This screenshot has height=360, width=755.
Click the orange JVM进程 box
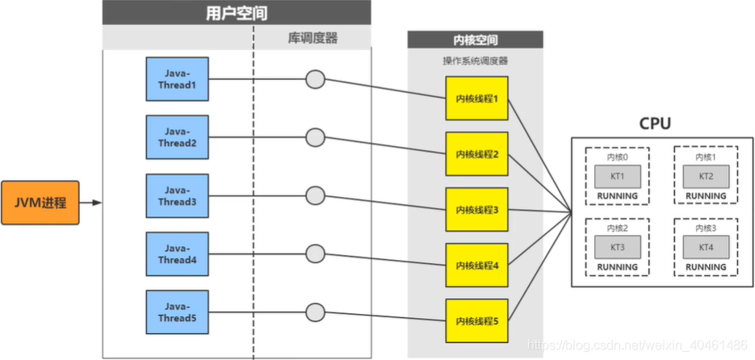click(x=41, y=202)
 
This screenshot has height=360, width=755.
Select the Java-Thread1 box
click(x=176, y=79)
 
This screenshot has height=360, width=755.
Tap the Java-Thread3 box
click(x=176, y=195)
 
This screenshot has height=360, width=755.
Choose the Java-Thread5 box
click(x=176, y=313)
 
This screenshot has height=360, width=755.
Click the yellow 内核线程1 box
click(x=477, y=98)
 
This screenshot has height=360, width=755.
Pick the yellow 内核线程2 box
click(x=477, y=154)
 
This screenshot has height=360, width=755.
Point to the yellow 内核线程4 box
click(x=477, y=266)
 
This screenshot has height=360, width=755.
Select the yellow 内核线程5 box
click(x=477, y=321)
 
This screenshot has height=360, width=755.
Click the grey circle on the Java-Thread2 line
click(x=315, y=137)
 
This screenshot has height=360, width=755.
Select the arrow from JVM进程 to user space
click(x=91, y=202)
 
